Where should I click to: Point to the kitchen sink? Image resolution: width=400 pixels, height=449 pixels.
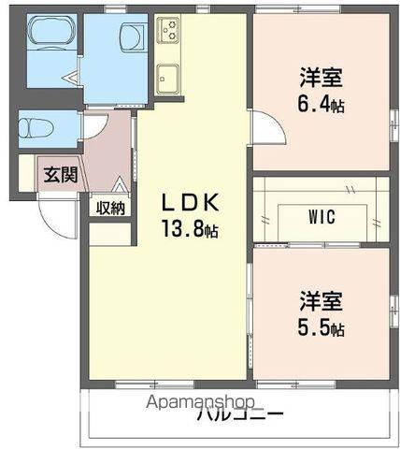(167, 77)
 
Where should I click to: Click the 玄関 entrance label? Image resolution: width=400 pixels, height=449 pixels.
(57, 175)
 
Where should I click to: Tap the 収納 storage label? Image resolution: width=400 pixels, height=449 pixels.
(109, 208)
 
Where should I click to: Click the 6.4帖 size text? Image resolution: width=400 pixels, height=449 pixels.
(321, 105)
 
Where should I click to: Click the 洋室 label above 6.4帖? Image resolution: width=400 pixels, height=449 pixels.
(321, 76)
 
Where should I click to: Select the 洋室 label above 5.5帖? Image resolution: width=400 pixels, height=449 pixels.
(321, 301)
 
